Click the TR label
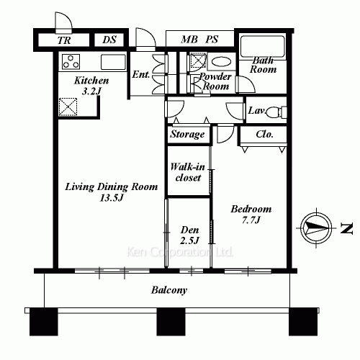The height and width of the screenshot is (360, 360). coord(64,41)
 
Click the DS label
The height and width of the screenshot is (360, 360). coord(110,41)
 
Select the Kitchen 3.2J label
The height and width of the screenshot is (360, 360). coord(91,86)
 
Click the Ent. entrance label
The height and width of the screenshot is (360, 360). coord(140,74)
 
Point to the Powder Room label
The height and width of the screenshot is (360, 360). coord(215,81)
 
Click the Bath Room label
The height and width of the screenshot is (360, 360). coord(264,66)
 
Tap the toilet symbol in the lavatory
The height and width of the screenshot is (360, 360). coord(279,112)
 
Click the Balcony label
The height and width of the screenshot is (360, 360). coord(169,291)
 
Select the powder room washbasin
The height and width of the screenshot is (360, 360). coord(223,62)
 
